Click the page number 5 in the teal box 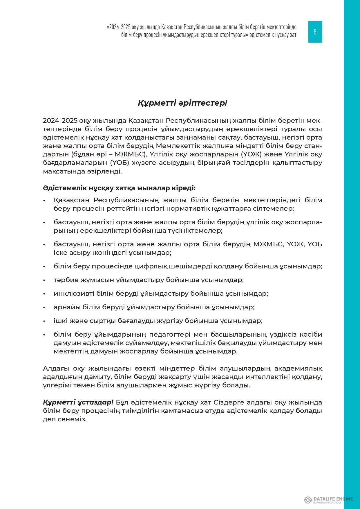click(x=315, y=32)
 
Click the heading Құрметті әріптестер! click(x=182, y=103)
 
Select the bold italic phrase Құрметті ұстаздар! click(x=78, y=402)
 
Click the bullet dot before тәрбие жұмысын click(x=44, y=280)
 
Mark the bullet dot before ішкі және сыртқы click(x=44, y=321)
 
